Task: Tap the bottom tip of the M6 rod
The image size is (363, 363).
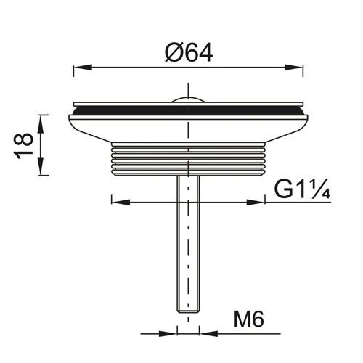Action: click(187, 311)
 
